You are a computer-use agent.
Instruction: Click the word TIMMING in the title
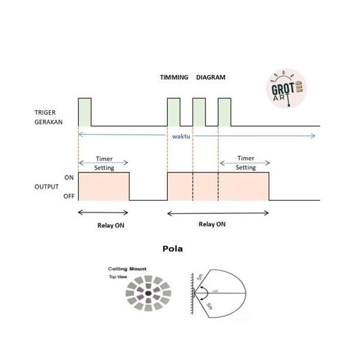point(174,78)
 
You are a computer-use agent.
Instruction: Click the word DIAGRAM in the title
point(211,78)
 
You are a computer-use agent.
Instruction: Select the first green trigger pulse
point(84,112)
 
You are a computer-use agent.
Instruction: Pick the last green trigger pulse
point(224,112)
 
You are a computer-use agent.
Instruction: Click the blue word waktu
point(181,136)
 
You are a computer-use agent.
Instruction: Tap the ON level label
point(69,177)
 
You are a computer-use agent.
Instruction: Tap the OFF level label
point(69,196)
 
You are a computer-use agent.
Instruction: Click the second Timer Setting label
point(245,163)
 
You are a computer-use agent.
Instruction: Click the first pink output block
point(104,186)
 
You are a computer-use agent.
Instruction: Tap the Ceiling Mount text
point(127,269)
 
